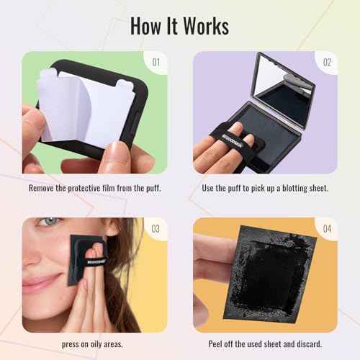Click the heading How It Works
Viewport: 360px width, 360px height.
(x=180, y=25)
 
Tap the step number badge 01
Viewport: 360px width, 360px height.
(x=156, y=62)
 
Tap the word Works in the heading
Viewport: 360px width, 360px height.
(x=205, y=25)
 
